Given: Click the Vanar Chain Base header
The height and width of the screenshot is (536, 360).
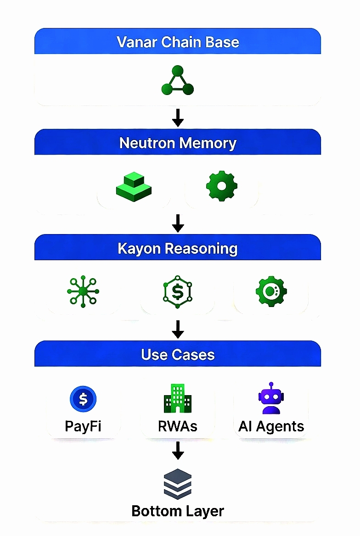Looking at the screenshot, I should pyautogui.click(x=178, y=42).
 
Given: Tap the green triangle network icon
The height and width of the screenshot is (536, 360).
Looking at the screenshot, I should pyautogui.click(x=178, y=81).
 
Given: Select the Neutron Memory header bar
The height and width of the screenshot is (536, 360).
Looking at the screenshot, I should pyautogui.click(x=178, y=143).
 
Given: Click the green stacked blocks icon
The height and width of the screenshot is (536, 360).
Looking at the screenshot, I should pyautogui.click(x=134, y=187).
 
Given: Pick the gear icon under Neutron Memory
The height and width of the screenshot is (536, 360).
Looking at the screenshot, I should pyautogui.click(x=222, y=186).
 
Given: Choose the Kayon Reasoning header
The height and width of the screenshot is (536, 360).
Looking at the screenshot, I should pyautogui.click(x=178, y=248).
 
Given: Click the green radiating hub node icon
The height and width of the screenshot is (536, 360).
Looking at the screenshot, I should pyautogui.click(x=83, y=291).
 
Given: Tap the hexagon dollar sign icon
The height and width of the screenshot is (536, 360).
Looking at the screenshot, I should pyautogui.click(x=178, y=291).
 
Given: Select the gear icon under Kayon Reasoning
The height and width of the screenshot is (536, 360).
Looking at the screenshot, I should pyautogui.click(x=271, y=291).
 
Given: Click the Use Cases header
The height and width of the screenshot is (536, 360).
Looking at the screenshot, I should pyautogui.click(x=178, y=354).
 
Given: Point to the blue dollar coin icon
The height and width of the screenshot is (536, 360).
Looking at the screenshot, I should pyautogui.click(x=83, y=398).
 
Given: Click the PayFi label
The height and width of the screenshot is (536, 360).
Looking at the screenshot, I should pyautogui.click(x=83, y=426).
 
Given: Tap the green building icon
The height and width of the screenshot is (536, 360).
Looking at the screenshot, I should pyautogui.click(x=178, y=398).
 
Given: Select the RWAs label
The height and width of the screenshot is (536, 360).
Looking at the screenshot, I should pyautogui.click(x=178, y=426).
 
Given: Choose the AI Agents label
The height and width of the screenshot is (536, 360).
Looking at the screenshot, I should pyautogui.click(x=271, y=426).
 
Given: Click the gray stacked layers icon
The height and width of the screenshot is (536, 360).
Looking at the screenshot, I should pyautogui.click(x=178, y=484).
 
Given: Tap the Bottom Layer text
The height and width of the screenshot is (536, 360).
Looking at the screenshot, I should pyautogui.click(x=178, y=511).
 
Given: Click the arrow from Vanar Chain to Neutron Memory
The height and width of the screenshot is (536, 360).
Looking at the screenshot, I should pyautogui.click(x=178, y=117).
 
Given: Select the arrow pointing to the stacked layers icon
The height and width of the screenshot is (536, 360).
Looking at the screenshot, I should pyautogui.click(x=178, y=451).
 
